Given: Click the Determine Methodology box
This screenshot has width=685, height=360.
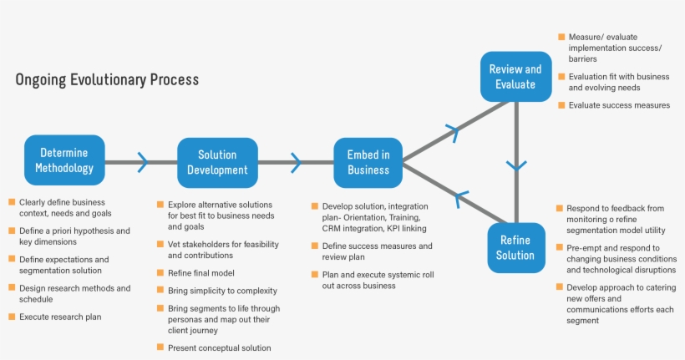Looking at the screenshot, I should [x=64, y=160].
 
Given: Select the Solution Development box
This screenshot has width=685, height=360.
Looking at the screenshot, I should [x=217, y=162].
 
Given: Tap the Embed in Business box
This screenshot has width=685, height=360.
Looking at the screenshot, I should [x=368, y=162].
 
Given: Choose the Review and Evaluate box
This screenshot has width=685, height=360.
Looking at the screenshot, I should [x=515, y=77].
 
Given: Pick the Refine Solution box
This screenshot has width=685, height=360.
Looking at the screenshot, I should [x=515, y=247].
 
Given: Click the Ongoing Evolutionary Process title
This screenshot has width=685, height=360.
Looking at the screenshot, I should [x=107, y=80].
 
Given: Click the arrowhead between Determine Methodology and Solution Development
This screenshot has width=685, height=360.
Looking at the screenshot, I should [x=142, y=162].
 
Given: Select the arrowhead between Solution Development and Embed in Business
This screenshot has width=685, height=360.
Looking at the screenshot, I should [x=295, y=162].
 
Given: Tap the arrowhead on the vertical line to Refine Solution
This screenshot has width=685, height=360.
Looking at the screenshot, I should [x=516, y=165].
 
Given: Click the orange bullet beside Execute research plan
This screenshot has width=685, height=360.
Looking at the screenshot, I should [x=12, y=317].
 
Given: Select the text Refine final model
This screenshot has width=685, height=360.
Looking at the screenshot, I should [x=200, y=273].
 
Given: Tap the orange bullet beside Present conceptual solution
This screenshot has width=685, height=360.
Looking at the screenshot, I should [x=160, y=347].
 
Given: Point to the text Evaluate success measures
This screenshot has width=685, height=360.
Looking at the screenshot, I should [x=619, y=105].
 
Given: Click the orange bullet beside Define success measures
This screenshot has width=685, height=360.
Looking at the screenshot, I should [x=314, y=246].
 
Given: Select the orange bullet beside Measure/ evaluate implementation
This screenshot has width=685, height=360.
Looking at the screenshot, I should [x=561, y=38].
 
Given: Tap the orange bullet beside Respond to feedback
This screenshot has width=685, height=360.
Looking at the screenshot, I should [x=560, y=207].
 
